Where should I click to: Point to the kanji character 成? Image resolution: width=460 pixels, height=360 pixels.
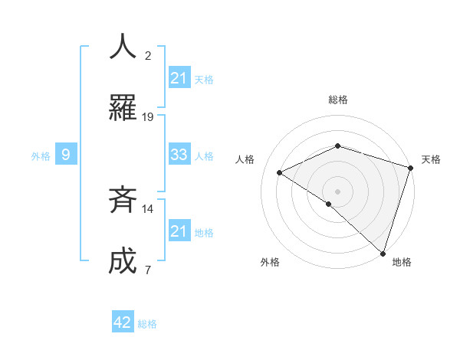click(x=123, y=260)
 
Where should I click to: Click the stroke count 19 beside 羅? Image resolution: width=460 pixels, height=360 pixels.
click(x=148, y=117)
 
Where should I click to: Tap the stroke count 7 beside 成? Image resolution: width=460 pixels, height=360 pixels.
click(x=148, y=270)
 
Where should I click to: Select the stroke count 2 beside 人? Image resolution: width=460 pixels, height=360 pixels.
click(x=148, y=55)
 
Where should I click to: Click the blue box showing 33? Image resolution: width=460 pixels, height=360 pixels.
click(x=179, y=155)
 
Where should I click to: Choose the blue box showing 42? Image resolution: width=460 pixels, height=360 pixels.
click(x=123, y=322)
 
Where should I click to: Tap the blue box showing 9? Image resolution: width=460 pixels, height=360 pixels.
click(x=66, y=155)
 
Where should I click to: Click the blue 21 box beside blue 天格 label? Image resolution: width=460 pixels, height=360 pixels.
click(x=179, y=77)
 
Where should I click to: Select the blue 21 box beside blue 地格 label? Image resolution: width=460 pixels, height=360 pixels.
click(x=179, y=231)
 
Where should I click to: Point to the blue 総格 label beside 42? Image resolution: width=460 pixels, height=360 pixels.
click(x=147, y=324)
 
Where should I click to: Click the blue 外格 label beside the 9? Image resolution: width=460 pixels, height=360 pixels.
click(x=41, y=156)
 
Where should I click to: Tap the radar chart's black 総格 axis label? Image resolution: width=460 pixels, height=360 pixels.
click(x=338, y=100)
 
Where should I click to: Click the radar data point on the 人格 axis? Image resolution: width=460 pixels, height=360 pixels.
click(x=280, y=173)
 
